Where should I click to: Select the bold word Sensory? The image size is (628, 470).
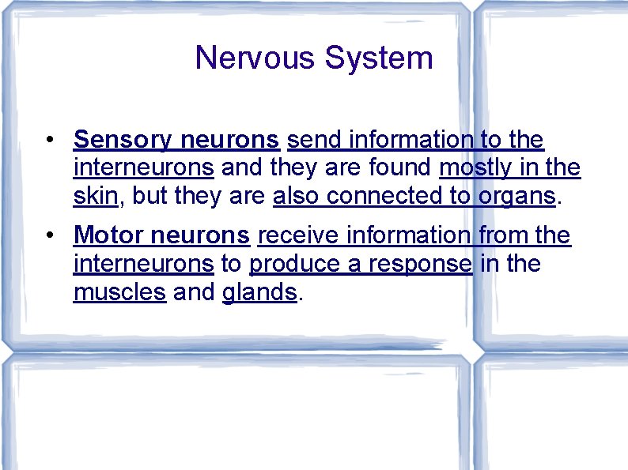click(x=123, y=140)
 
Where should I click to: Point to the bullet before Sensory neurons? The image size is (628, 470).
click(x=49, y=141)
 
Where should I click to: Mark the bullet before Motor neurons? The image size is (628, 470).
click(x=49, y=235)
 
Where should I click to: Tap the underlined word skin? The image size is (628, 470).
click(x=95, y=197)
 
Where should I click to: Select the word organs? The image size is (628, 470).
click(x=517, y=197)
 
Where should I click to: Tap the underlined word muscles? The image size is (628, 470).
click(x=119, y=291)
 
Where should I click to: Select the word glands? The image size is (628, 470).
click(x=259, y=291)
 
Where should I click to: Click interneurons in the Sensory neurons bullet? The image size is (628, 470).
click(x=143, y=168)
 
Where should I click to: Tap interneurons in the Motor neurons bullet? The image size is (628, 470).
click(x=143, y=263)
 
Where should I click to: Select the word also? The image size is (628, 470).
click(x=297, y=197)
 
